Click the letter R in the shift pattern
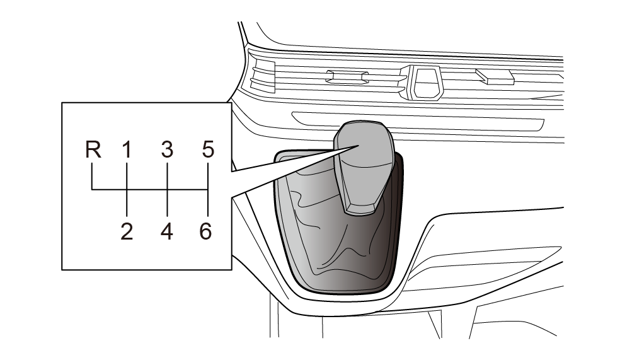click(93, 150)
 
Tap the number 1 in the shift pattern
click(126, 150)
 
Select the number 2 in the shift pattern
click(127, 231)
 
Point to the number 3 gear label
click(167, 150)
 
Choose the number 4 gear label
click(167, 231)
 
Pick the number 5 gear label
click(208, 150)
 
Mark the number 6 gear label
click(205, 231)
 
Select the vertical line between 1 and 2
click(127, 189)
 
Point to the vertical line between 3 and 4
click(167, 189)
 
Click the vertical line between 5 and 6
click(208, 189)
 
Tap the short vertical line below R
click(92, 176)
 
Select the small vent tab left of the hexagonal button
click(347, 77)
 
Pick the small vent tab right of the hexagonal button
click(495, 77)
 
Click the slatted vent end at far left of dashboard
click(263, 77)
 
